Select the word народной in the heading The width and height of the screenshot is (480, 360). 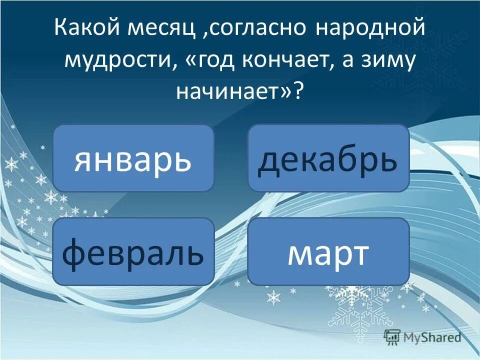[x=371, y=28]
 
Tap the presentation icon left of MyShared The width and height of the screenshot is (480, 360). [x=392, y=337]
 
